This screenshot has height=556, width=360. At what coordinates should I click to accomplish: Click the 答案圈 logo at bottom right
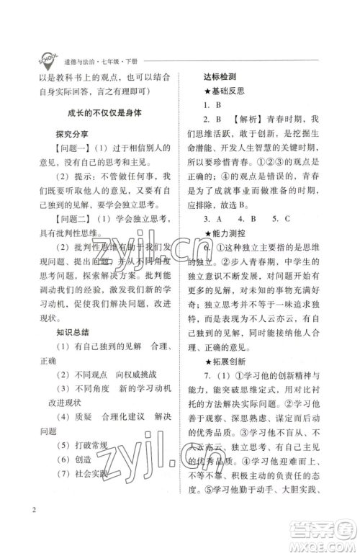click(x=328, y=534)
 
